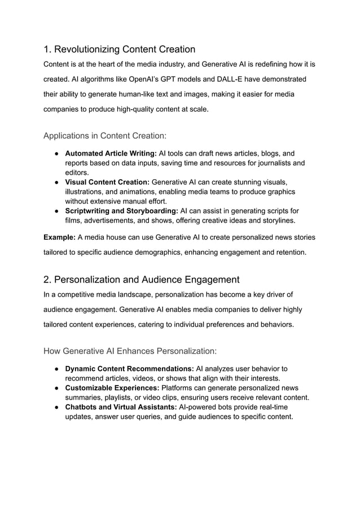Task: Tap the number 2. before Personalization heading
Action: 48,279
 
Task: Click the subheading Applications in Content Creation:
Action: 104,135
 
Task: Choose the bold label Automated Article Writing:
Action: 111,153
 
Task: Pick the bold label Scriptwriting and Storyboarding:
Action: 121,211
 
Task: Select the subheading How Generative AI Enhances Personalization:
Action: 130,351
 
